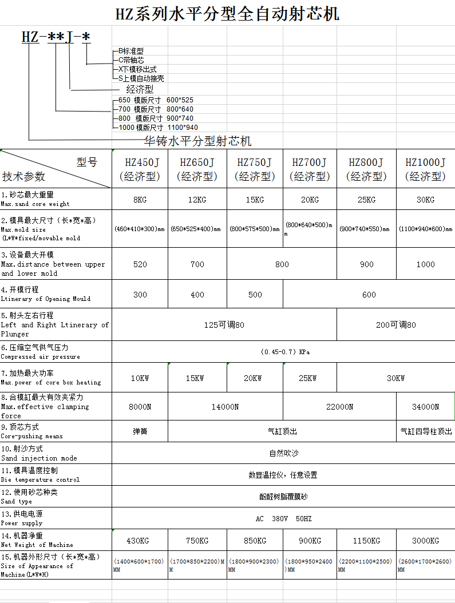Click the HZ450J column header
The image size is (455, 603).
[x=140, y=169]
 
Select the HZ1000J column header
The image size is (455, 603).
[x=425, y=169]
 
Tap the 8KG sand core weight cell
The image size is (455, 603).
[x=140, y=200]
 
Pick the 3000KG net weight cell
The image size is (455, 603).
[x=425, y=541]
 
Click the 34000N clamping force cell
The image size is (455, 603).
[x=425, y=407]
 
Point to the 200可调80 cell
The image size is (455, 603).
[x=395, y=325]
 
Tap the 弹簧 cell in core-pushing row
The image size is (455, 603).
[x=140, y=431]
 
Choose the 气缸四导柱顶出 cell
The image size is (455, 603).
[x=426, y=431]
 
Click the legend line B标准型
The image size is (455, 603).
[x=130, y=51]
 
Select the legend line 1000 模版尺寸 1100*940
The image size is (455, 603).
[x=158, y=128]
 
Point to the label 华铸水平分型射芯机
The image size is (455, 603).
[x=197, y=141]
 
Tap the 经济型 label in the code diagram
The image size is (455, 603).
[x=140, y=90]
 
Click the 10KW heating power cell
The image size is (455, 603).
[x=140, y=378]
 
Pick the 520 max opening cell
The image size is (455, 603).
[x=140, y=264]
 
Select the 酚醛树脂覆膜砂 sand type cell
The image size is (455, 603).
[x=283, y=497]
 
